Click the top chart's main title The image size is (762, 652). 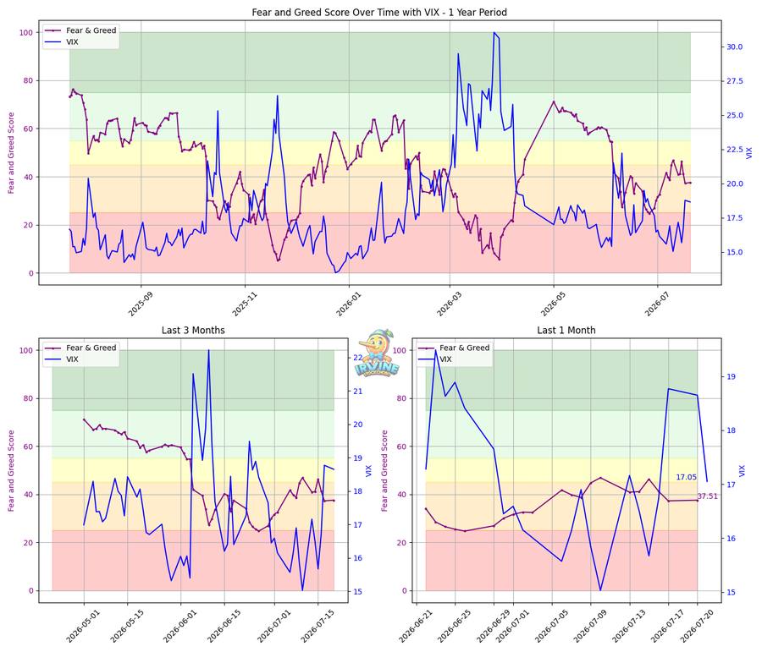point(379,12)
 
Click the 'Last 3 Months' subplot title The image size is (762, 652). point(193,330)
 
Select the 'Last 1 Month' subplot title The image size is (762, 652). point(566,330)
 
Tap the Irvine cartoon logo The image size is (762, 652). point(377,353)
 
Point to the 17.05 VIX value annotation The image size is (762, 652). point(686,477)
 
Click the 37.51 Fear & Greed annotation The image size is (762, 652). point(707,496)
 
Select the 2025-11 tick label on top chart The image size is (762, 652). point(245,304)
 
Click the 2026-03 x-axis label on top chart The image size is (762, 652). point(449,304)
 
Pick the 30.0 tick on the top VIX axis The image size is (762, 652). point(734,47)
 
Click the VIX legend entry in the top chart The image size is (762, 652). point(72,41)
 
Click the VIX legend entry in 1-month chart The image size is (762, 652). point(445,359)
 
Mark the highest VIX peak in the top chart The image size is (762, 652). point(494,32)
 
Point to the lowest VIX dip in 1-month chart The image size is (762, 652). point(600,590)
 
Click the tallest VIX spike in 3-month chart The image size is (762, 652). point(208,350)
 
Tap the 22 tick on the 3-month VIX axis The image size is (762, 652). point(357,358)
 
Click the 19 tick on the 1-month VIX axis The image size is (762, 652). point(731,376)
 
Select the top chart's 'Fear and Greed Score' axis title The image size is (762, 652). point(11,153)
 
